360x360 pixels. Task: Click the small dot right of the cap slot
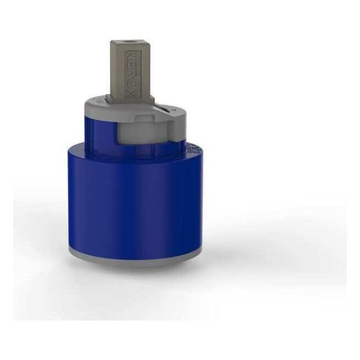click(174, 110)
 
